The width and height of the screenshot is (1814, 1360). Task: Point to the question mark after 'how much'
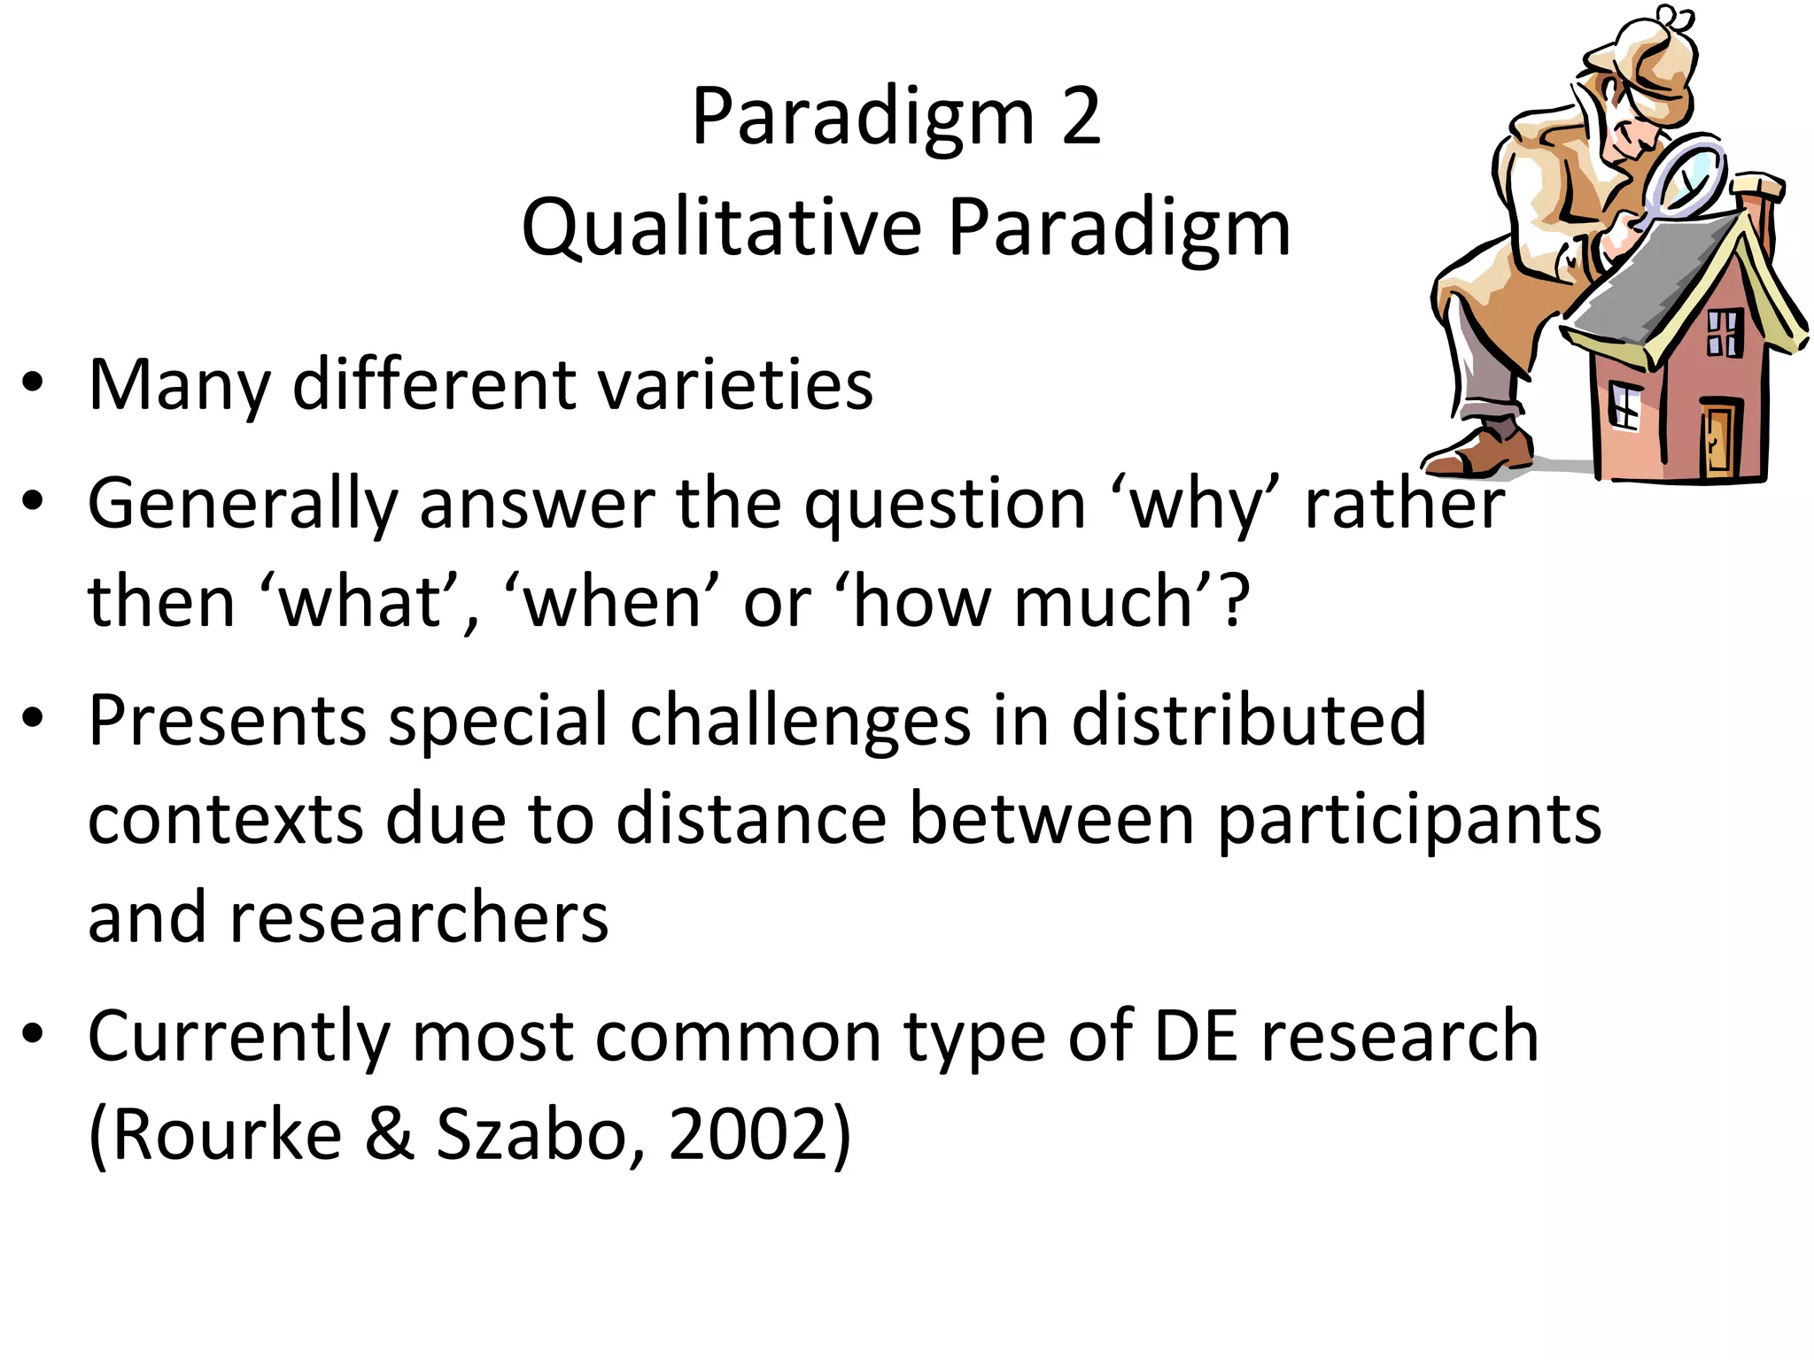point(1234,601)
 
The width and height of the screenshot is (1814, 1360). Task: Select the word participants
point(1409,820)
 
